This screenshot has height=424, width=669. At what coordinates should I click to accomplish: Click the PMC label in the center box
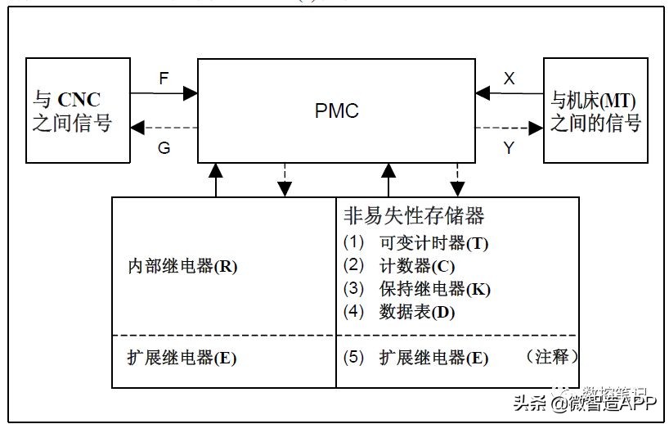point(336,111)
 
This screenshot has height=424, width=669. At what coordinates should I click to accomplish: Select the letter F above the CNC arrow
point(164,80)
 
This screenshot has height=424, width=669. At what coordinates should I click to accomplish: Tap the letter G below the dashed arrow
point(164,148)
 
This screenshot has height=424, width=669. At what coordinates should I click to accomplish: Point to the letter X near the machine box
point(509,79)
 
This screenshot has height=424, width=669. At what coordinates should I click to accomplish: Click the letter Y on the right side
point(509,148)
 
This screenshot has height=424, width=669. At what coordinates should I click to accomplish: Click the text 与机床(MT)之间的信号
point(595,111)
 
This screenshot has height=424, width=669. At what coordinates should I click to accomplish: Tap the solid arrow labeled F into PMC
point(164,93)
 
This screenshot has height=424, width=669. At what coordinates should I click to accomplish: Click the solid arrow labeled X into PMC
point(510,93)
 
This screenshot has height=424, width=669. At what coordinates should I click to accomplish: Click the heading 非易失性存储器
point(414,216)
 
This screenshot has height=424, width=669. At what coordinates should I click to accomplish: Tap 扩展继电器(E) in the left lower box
point(182,358)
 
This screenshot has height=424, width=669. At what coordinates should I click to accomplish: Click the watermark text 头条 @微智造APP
point(584,404)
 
